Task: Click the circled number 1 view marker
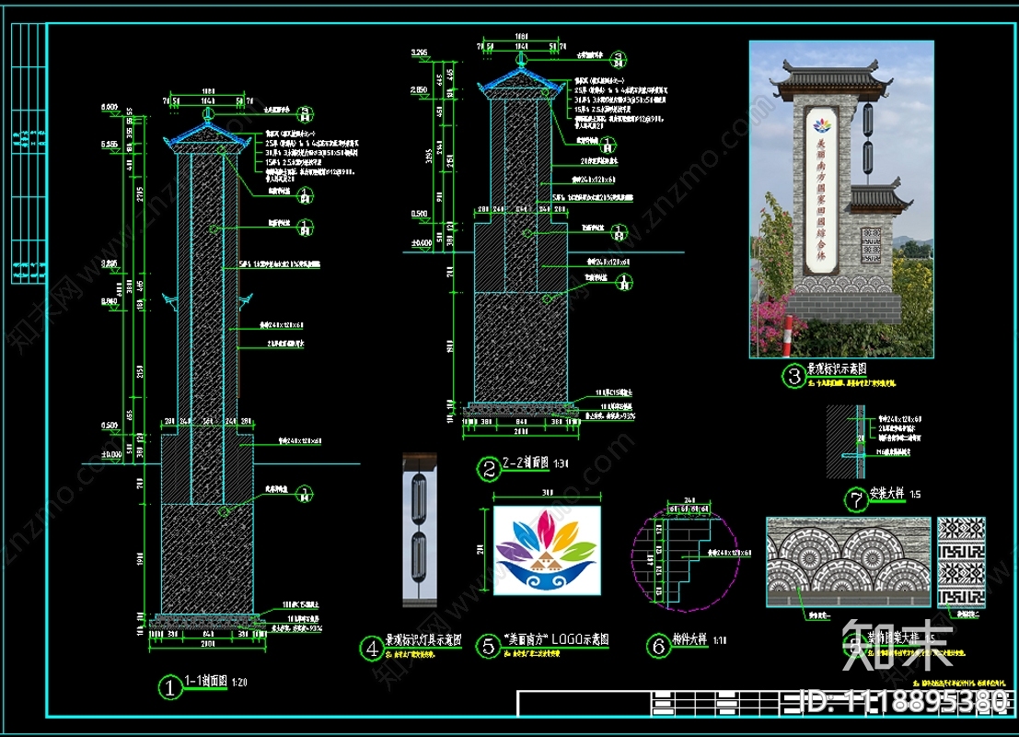click(169, 686)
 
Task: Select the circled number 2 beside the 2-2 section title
click(487, 469)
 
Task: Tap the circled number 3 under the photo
click(793, 375)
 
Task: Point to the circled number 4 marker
click(372, 649)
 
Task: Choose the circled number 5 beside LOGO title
click(487, 646)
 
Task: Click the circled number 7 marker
click(855, 500)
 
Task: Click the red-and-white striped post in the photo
click(788, 336)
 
